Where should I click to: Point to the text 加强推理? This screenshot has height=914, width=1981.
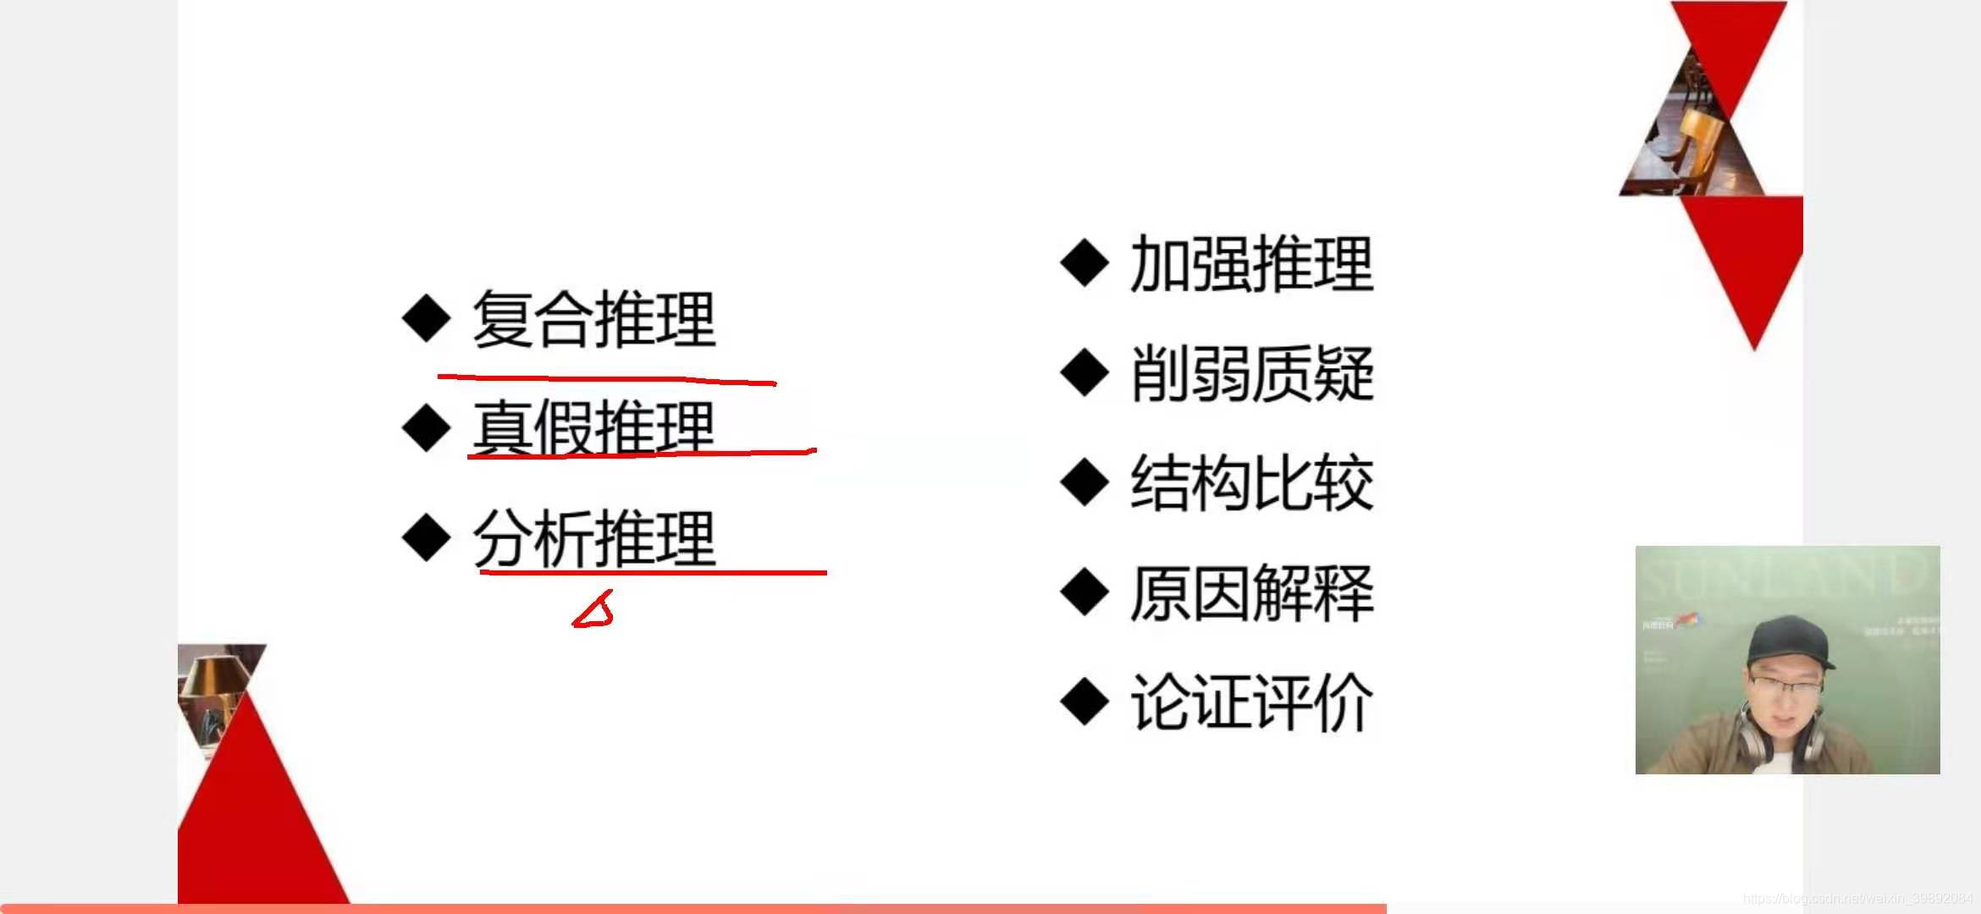pos(1251,264)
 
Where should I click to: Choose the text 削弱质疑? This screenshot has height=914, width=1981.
pos(1251,373)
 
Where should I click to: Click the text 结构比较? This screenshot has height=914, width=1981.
pos(1251,483)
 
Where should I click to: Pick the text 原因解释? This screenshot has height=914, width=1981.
pos(1251,593)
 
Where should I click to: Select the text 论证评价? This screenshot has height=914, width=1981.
pos(1251,702)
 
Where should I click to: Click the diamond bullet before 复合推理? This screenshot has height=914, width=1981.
pos(426,319)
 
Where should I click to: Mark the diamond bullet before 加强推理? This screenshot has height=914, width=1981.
pos(1084,264)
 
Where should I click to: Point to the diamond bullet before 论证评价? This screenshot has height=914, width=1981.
pos(1084,702)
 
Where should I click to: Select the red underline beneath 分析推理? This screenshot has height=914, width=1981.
pos(652,573)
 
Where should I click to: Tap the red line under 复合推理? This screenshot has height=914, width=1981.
pos(606,379)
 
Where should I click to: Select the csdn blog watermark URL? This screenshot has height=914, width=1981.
pos(1857,898)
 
